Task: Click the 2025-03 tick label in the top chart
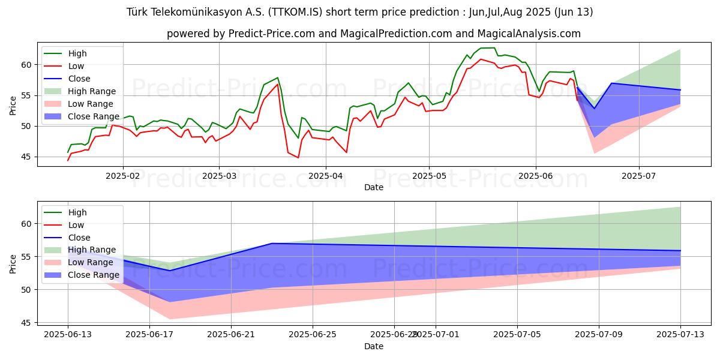[218, 175]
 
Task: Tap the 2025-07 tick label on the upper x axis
[638, 175]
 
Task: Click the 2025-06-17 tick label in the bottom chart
[149, 334]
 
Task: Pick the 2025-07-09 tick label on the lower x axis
[599, 334]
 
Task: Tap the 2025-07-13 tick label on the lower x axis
[680, 334]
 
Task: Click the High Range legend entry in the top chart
[92, 91]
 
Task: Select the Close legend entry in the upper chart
[80, 79]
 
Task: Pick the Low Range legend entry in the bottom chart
[91, 263]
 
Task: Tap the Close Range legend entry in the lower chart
[93, 275]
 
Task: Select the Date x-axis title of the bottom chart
[374, 346]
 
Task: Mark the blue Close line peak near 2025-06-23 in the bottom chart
[272, 243]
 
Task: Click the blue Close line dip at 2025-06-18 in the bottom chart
[169, 271]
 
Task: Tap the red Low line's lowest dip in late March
[298, 158]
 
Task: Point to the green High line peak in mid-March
[277, 77]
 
